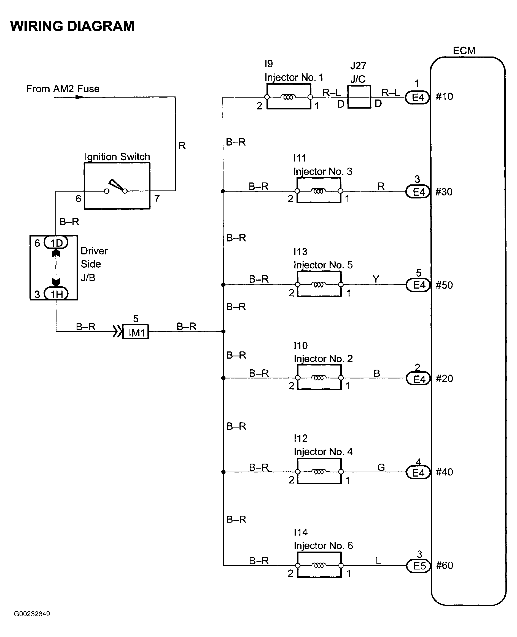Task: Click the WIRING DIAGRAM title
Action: click(72, 26)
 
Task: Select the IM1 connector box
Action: click(136, 331)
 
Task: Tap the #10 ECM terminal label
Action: click(444, 96)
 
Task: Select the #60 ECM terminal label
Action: click(445, 565)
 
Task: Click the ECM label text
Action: click(464, 51)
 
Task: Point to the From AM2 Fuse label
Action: click(63, 89)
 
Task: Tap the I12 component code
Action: click(300, 438)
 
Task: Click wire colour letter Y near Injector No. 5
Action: click(376, 279)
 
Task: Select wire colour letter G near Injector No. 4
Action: click(381, 467)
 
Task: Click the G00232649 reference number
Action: click(32, 614)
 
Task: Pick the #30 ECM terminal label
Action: click(444, 192)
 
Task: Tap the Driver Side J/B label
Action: click(94, 264)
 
